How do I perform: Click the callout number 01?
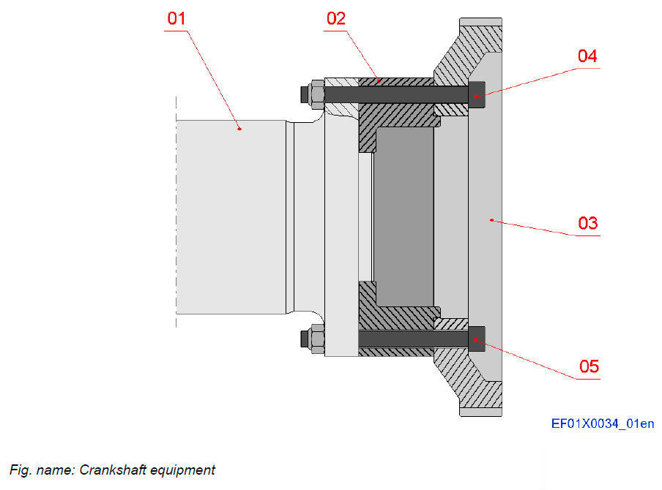click(x=176, y=19)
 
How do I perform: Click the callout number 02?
click(x=336, y=19)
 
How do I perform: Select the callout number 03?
click(x=588, y=223)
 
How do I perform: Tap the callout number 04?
click(x=587, y=56)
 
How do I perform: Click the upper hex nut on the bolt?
click(x=315, y=95)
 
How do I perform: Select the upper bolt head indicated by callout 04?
click(x=477, y=95)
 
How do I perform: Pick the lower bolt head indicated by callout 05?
click(x=477, y=339)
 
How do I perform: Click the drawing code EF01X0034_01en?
click(x=603, y=423)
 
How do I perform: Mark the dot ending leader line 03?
click(x=491, y=219)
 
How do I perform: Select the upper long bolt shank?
click(x=395, y=95)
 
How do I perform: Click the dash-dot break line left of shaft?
click(x=176, y=212)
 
